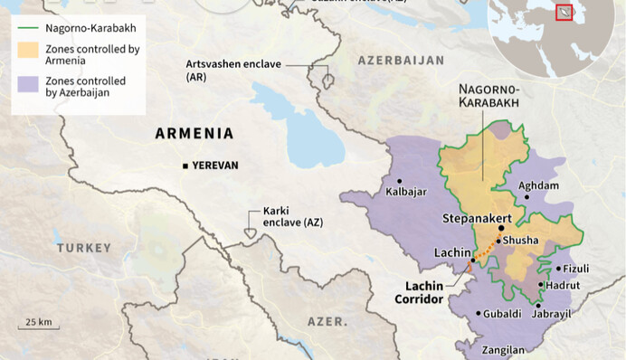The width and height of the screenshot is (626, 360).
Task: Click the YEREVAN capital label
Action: (x=215, y=166)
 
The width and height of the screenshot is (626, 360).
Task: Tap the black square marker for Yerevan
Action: (x=185, y=166)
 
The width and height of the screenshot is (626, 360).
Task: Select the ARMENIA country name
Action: (x=194, y=133)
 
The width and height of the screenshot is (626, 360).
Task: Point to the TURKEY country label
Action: (x=83, y=247)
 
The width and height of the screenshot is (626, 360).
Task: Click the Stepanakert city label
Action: (x=478, y=219)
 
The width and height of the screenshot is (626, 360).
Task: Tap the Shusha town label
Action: (x=520, y=240)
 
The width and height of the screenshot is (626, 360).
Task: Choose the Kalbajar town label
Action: (x=406, y=192)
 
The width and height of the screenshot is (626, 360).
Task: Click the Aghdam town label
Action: (x=538, y=185)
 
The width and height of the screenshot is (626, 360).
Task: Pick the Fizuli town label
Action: (x=576, y=269)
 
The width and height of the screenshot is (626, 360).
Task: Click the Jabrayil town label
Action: (x=552, y=314)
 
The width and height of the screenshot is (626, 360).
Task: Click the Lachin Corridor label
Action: (x=423, y=291)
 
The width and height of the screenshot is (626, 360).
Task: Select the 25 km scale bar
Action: (x=37, y=327)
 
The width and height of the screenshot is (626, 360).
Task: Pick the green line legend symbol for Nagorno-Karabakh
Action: (x=28, y=28)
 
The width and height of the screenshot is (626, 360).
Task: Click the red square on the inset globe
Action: (x=564, y=13)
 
